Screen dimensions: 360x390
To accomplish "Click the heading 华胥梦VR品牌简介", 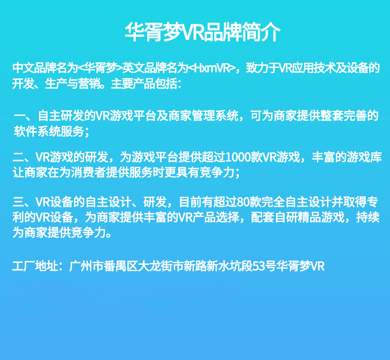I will (202, 33).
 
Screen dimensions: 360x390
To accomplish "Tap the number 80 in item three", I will (245, 203).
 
